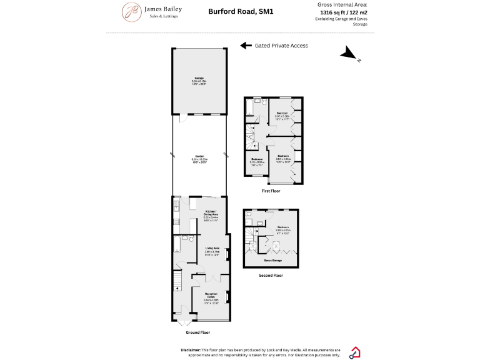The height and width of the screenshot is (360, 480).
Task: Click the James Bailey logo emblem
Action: tap(131, 12)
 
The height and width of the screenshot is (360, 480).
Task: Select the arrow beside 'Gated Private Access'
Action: tap(246, 46)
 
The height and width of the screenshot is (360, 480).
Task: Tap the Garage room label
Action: tap(199, 78)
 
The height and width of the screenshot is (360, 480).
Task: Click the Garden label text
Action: tap(199, 156)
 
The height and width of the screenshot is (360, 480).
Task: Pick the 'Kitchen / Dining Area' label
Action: tap(211, 214)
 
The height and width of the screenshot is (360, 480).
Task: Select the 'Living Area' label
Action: tap(212, 248)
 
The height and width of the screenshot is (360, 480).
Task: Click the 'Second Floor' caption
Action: tap(271, 275)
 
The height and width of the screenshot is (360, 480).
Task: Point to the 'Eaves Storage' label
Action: tap(272, 260)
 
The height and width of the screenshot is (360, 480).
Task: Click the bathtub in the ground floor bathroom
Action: tap(177, 243)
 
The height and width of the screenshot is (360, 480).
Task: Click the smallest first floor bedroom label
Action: tap(257, 159)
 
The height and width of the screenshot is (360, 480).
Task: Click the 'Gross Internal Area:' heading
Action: tap(342, 4)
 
